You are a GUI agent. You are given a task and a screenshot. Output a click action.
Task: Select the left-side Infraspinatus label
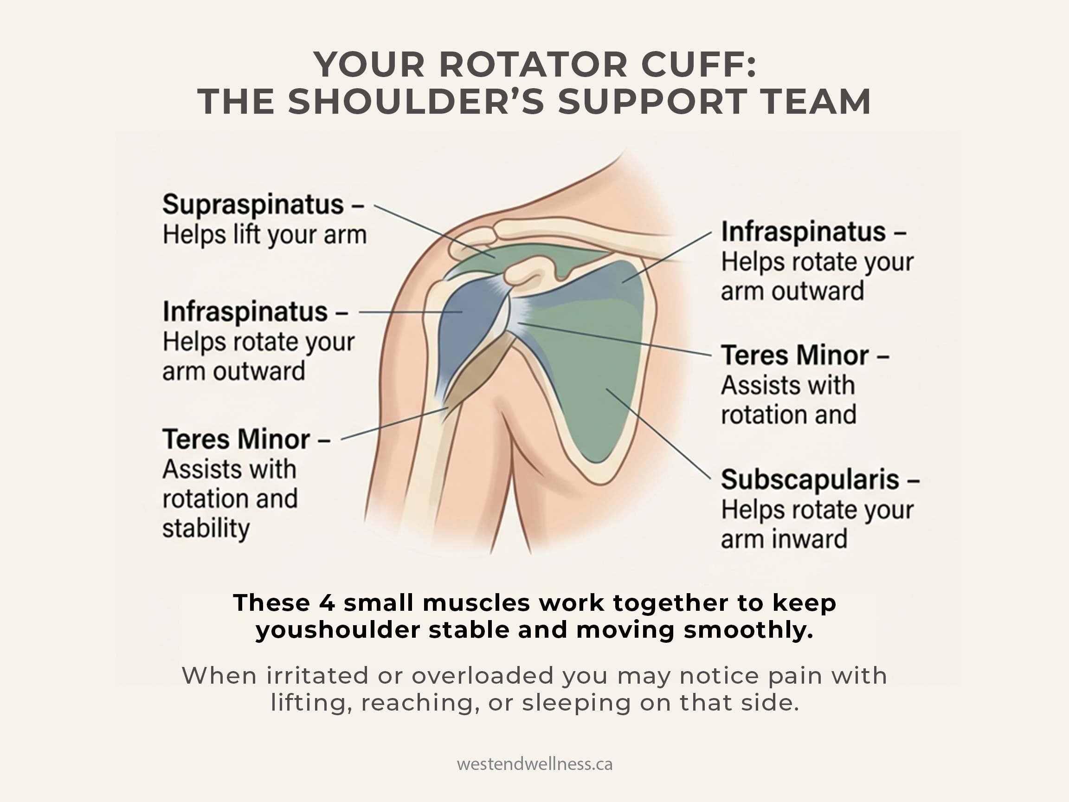coord(245,312)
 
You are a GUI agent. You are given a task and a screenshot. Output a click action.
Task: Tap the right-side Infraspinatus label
coord(803,232)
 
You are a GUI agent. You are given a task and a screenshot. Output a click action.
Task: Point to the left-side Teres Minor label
coord(236,440)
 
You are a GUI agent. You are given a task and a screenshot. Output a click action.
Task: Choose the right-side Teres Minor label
coord(794,356)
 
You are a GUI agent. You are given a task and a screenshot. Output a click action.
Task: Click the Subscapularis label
coord(810,480)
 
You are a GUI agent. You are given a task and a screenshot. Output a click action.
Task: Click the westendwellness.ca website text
coord(534,764)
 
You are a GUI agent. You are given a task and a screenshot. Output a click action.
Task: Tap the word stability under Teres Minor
coord(206,528)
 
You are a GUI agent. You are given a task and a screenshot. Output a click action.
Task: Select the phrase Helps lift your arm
coord(264,235)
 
